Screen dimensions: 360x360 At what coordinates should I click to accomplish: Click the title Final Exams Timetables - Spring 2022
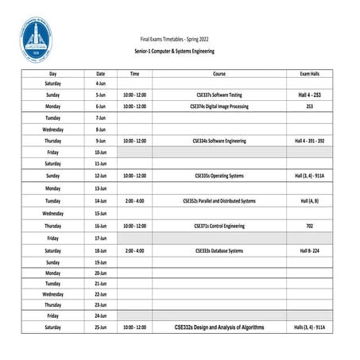[174, 38]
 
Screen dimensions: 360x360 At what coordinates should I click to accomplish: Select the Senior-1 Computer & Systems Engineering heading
[174, 50]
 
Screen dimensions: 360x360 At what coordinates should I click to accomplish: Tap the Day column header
[52, 73]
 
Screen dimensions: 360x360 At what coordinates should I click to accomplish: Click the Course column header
[219, 73]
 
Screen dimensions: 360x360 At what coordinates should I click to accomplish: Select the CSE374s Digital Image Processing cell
[219, 106]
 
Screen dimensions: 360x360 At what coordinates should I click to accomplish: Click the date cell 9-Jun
[101, 141]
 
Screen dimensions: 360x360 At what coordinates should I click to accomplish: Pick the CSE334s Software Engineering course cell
[219, 141]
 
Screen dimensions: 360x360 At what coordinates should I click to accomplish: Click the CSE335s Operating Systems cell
[219, 176]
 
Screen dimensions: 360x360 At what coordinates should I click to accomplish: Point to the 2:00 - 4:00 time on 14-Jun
[134, 201]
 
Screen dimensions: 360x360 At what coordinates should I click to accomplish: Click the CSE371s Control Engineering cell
[219, 226]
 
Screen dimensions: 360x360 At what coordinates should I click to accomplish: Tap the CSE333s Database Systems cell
[219, 250]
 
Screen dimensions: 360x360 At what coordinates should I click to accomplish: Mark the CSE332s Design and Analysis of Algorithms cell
[219, 327]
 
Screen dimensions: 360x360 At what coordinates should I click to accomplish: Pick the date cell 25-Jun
[101, 327]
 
